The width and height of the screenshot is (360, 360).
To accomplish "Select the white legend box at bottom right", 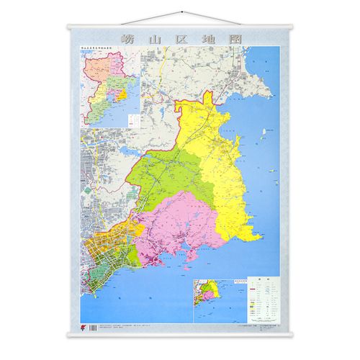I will point(258,298).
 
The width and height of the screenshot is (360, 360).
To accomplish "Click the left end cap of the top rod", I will point(69,27).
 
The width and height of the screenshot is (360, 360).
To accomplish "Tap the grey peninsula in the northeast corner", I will point(256,76).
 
